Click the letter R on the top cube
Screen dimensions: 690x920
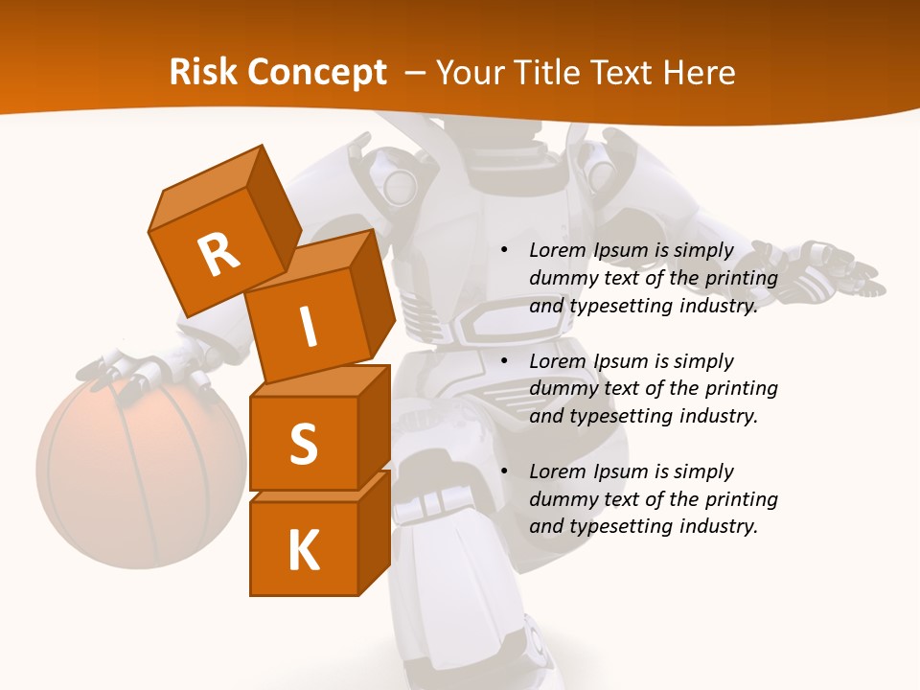218,254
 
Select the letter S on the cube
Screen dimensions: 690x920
303,445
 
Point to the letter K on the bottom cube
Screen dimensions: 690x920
303,551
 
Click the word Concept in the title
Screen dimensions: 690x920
319,73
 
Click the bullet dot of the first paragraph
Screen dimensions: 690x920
504,250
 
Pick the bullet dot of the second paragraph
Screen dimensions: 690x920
504,361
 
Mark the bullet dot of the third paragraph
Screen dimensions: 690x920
504,471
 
